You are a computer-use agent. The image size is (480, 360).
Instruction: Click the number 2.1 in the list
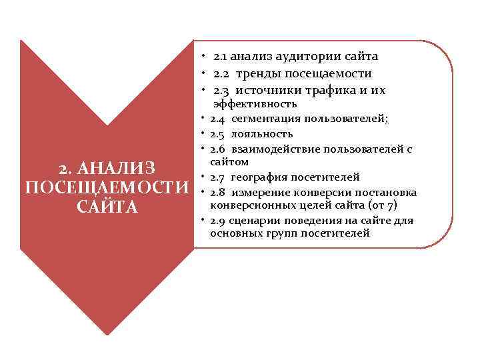[223, 57]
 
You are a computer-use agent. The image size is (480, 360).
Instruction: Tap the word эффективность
[255, 104]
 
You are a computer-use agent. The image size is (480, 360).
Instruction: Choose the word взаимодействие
[275, 148]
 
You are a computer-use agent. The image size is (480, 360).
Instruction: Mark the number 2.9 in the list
[218, 220]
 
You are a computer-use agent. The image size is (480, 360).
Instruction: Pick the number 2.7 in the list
[218, 177]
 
